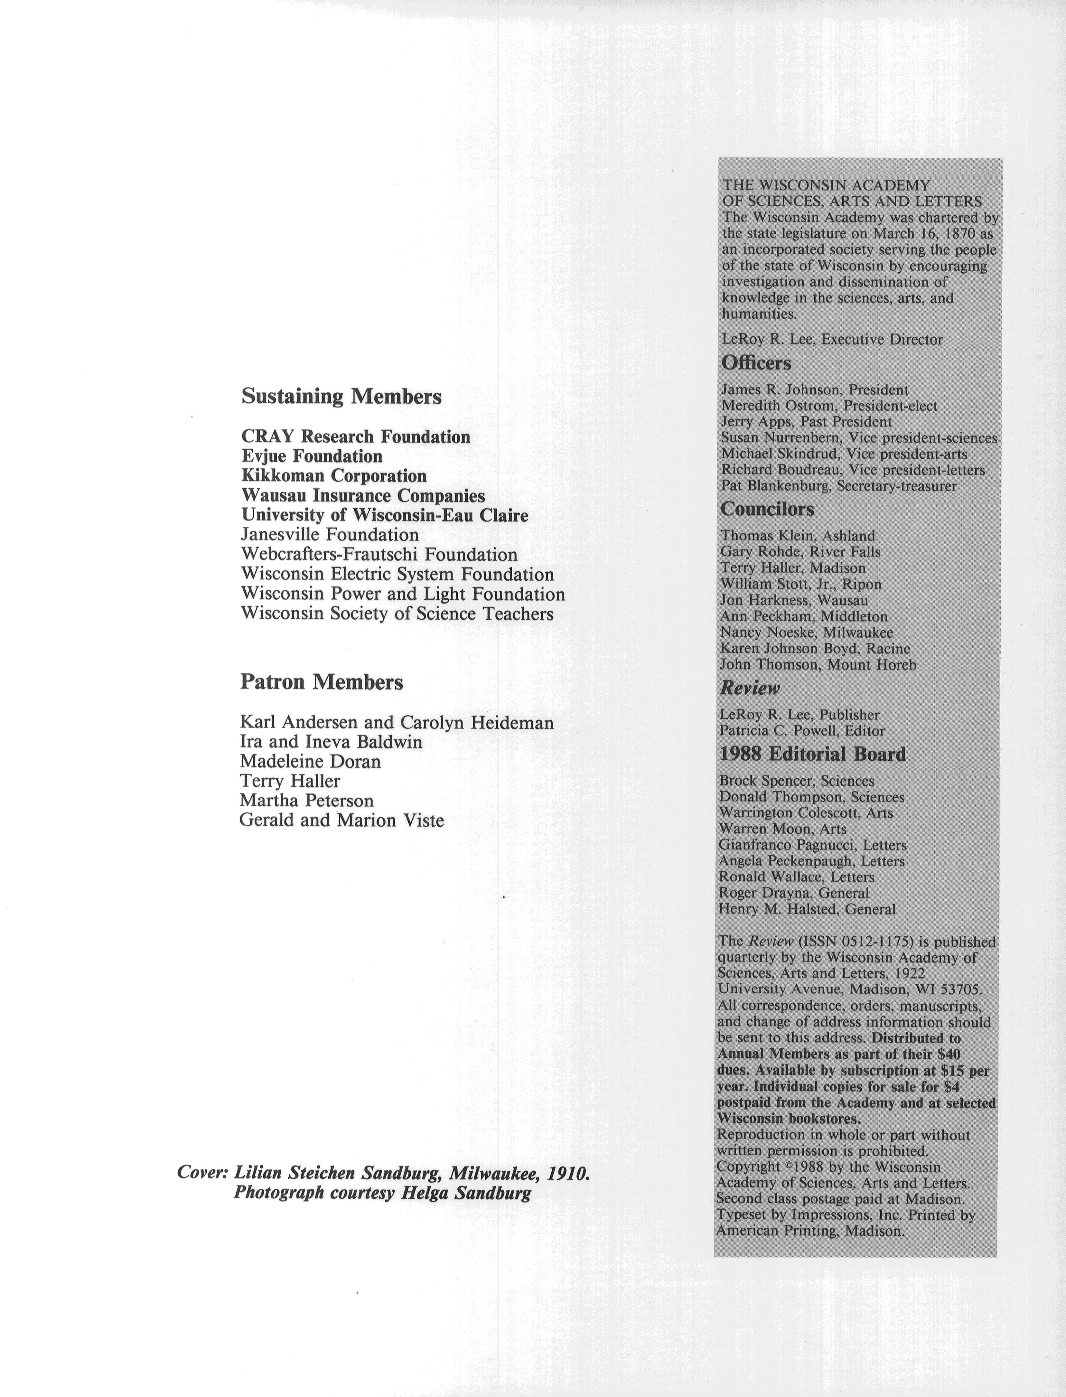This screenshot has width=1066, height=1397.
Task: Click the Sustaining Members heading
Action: click(341, 397)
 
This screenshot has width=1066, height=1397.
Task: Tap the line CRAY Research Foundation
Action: click(355, 436)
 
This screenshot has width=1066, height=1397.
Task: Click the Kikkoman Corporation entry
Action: click(334, 476)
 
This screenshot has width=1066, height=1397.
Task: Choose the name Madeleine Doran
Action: click(310, 761)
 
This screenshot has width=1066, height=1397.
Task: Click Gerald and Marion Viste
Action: click(341, 820)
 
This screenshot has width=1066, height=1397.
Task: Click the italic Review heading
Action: click(749, 688)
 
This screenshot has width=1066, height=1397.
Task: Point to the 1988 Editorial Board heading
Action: click(812, 754)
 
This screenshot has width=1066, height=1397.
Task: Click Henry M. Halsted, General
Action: click(807, 909)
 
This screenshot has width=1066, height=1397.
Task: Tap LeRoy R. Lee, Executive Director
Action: click(832, 339)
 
